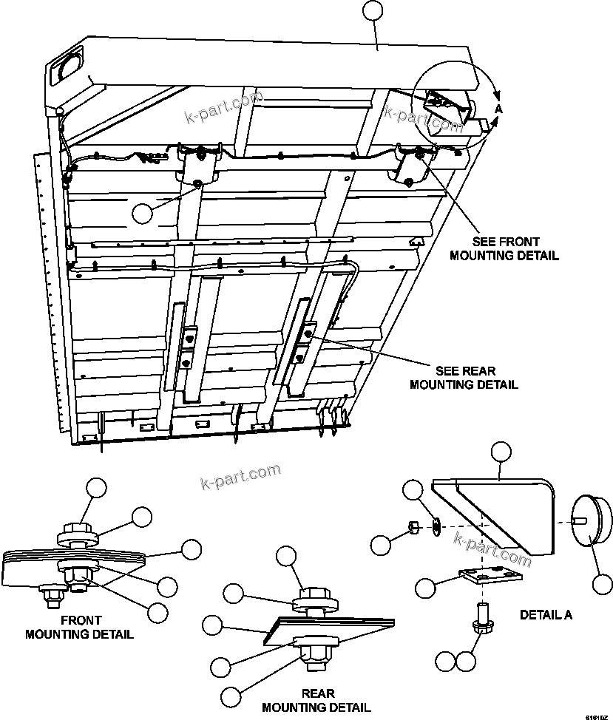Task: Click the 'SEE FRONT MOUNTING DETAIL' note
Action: click(515, 248)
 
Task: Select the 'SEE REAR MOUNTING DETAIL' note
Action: click(464, 377)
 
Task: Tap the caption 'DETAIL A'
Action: click(546, 614)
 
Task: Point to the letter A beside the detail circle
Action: click(498, 109)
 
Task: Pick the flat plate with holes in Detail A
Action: click(490, 577)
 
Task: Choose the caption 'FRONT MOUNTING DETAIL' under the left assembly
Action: click(79, 627)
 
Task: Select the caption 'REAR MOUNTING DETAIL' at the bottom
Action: click(317, 700)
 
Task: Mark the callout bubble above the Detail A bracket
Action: click(502, 453)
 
